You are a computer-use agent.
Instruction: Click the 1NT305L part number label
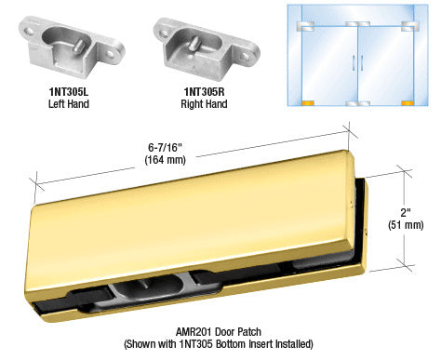click(x=69, y=92)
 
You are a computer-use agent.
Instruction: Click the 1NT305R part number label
click(x=204, y=92)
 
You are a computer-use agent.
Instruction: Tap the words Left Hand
click(x=69, y=103)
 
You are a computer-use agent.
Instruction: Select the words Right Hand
click(x=204, y=103)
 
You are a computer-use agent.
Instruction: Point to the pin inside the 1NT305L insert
click(x=79, y=46)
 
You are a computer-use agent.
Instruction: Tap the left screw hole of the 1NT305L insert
click(x=30, y=32)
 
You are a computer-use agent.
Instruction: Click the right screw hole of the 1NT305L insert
click(x=110, y=54)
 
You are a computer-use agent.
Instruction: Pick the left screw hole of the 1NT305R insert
click(x=164, y=33)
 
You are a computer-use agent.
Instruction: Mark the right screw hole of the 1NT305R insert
click(x=246, y=57)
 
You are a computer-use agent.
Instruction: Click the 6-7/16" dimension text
click(x=165, y=147)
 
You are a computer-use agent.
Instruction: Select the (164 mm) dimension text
click(x=165, y=160)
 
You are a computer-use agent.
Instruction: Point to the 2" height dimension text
click(x=406, y=213)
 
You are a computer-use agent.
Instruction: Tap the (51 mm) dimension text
click(x=406, y=225)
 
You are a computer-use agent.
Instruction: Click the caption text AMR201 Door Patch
click(x=219, y=332)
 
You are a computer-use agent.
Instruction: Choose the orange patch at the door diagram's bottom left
click(x=308, y=103)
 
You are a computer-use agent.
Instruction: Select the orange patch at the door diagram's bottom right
click(x=408, y=103)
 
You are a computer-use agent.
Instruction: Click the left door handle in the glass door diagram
click(x=354, y=63)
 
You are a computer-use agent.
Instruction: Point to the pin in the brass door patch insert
click(x=143, y=284)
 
